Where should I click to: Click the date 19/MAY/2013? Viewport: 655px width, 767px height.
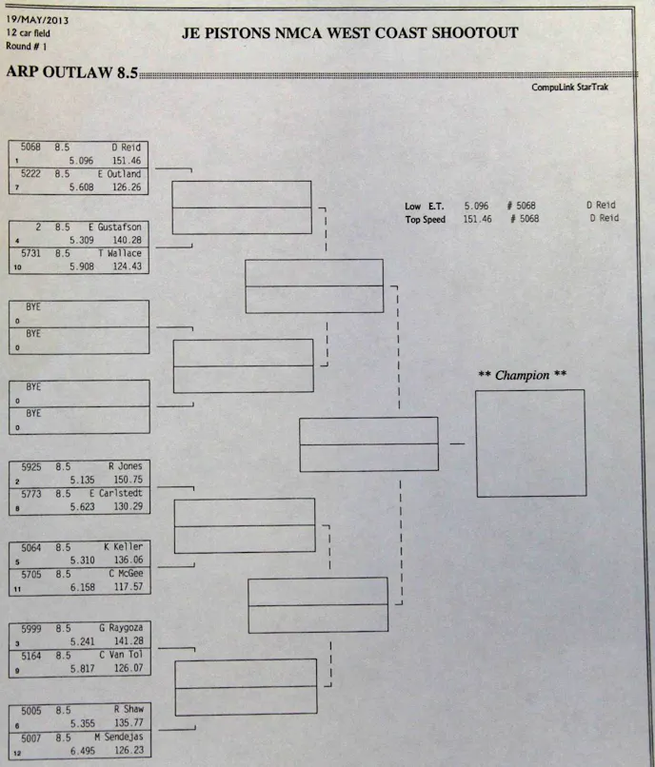tap(36, 19)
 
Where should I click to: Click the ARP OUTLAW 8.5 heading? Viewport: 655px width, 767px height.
tap(72, 72)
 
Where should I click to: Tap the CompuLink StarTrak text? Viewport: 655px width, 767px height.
tap(569, 88)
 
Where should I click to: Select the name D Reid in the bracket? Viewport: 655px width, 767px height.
tap(126, 147)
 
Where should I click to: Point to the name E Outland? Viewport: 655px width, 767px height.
tap(119, 174)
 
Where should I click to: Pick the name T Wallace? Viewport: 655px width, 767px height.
tap(119, 254)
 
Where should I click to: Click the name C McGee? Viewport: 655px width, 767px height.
tap(125, 574)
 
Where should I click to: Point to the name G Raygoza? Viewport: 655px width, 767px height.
tap(118, 628)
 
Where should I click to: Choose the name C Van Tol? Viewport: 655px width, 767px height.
tap(119, 655)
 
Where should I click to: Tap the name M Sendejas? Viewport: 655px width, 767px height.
tap(117, 736)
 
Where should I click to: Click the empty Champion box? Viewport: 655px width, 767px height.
tap(530, 442)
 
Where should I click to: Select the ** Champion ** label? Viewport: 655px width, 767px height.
tap(522, 375)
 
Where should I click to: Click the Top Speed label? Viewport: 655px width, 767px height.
tap(425, 219)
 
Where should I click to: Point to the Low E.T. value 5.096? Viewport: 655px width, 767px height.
tap(478, 206)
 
